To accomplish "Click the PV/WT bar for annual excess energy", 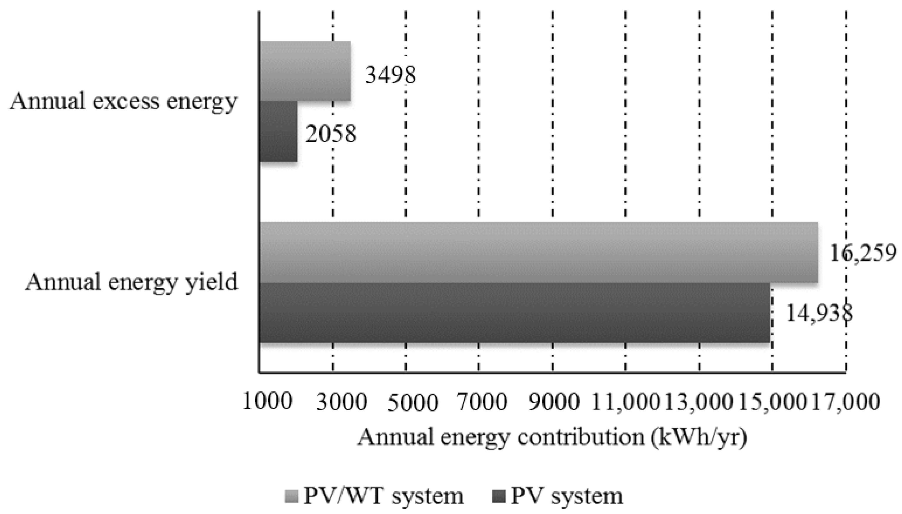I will [305, 71].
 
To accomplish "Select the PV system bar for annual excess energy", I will [278, 131].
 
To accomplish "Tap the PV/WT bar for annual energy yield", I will [538, 252].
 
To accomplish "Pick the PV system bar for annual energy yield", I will [514, 313].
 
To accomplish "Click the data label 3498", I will [390, 75].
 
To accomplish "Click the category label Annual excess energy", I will [123, 102].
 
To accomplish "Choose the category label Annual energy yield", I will [132, 282].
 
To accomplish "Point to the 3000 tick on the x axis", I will [341, 402].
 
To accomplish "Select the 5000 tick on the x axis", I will [413, 402].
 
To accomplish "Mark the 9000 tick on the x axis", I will [554, 402].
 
